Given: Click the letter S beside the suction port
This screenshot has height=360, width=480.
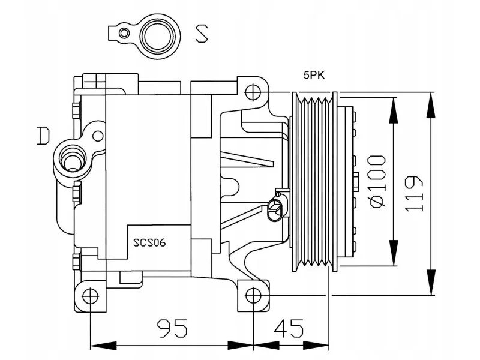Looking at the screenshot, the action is click(x=202, y=33).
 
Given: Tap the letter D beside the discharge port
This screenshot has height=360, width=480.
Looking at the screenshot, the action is click(x=43, y=136).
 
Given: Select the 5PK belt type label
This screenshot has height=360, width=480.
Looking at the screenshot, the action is click(x=314, y=75).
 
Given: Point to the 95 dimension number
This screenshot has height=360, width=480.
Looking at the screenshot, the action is click(x=172, y=328).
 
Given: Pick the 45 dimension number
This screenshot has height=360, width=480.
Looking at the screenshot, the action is click(x=289, y=328).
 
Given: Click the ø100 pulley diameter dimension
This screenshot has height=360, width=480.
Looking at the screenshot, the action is click(x=378, y=182).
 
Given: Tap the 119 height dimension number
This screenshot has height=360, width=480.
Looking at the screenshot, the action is click(x=414, y=193).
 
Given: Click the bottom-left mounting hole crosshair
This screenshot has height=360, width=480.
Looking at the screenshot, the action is click(x=91, y=296).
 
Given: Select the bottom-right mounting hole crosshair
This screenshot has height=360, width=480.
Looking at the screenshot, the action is click(x=253, y=296).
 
